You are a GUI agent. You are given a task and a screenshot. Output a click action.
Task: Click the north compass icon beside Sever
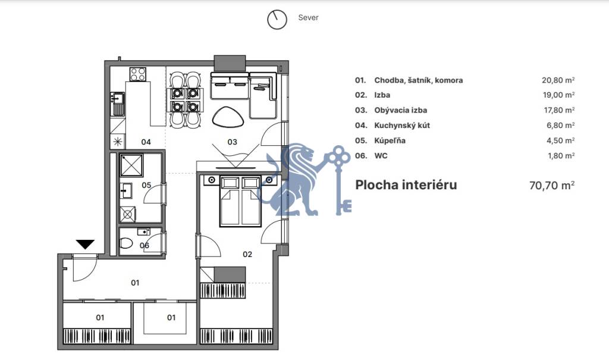pos(277,19)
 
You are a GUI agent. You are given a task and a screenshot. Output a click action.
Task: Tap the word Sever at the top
pos(308,18)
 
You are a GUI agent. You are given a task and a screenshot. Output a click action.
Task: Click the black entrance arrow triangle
pos(86,244)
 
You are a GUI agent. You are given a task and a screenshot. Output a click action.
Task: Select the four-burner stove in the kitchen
pos(138,74)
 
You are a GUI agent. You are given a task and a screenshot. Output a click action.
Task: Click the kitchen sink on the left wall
pos(117,102)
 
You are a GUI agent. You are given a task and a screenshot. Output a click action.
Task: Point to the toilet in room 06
pos(127,243)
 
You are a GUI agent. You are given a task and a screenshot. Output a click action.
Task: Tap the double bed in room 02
pos(240,201)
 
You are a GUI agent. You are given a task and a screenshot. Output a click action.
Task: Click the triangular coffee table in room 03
pos(227,117)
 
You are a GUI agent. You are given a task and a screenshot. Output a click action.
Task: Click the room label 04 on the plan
pos(145,142)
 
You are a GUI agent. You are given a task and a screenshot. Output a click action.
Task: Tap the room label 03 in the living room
pos(233,142)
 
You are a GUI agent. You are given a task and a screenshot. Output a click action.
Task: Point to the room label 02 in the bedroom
pos(247,254)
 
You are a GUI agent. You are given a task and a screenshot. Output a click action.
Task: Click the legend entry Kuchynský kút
pos(402,126)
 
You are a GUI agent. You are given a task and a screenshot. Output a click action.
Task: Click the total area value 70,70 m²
pos(551,185)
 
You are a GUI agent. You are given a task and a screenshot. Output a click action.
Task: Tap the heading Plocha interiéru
pos(406,184)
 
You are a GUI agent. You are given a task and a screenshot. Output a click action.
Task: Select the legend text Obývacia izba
pos(400,110)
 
